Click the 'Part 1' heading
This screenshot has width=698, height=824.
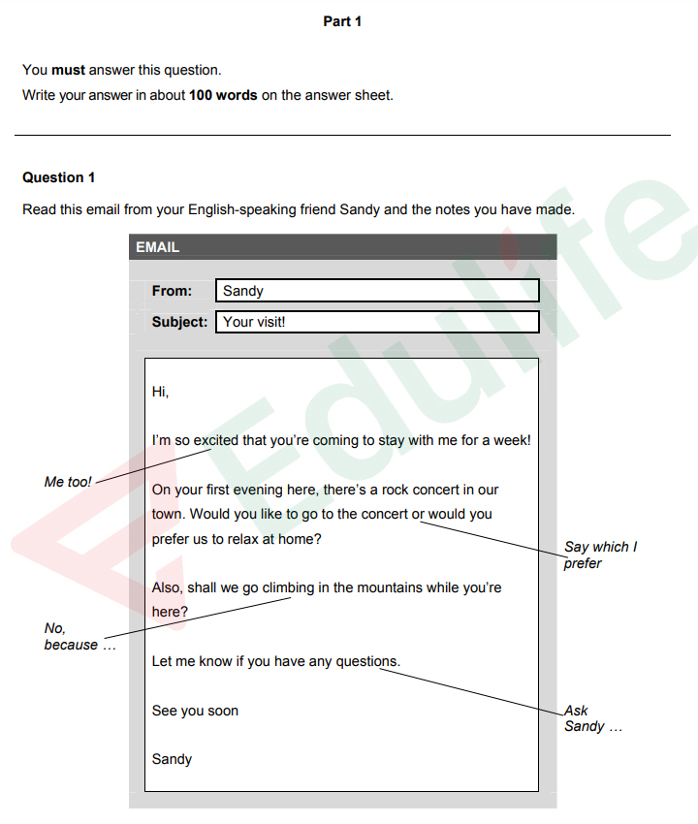[x=342, y=21]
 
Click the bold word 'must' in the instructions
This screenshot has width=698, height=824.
[x=68, y=70]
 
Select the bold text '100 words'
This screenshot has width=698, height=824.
[x=223, y=95]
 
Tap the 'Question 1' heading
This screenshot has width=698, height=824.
[x=59, y=177]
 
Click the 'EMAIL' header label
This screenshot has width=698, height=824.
[x=158, y=247]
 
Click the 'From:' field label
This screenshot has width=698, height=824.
[x=172, y=291]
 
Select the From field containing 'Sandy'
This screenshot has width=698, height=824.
[x=377, y=291]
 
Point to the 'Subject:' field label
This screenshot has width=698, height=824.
[x=179, y=322]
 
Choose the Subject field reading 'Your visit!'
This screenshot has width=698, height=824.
[x=377, y=322]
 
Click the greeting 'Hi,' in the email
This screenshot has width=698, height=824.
[x=160, y=392]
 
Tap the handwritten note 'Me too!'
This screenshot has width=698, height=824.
[x=68, y=482]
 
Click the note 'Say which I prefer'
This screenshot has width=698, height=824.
[x=600, y=555]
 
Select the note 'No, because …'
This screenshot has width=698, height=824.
[x=78, y=637]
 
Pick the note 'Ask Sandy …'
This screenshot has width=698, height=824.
[x=591, y=718]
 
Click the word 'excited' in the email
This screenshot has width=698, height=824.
[x=215, y=440]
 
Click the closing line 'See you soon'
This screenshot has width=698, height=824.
[x=195, y=711]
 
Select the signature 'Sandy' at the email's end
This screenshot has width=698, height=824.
[x=172, y=759]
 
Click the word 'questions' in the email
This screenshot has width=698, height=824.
[x=366, y=661]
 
